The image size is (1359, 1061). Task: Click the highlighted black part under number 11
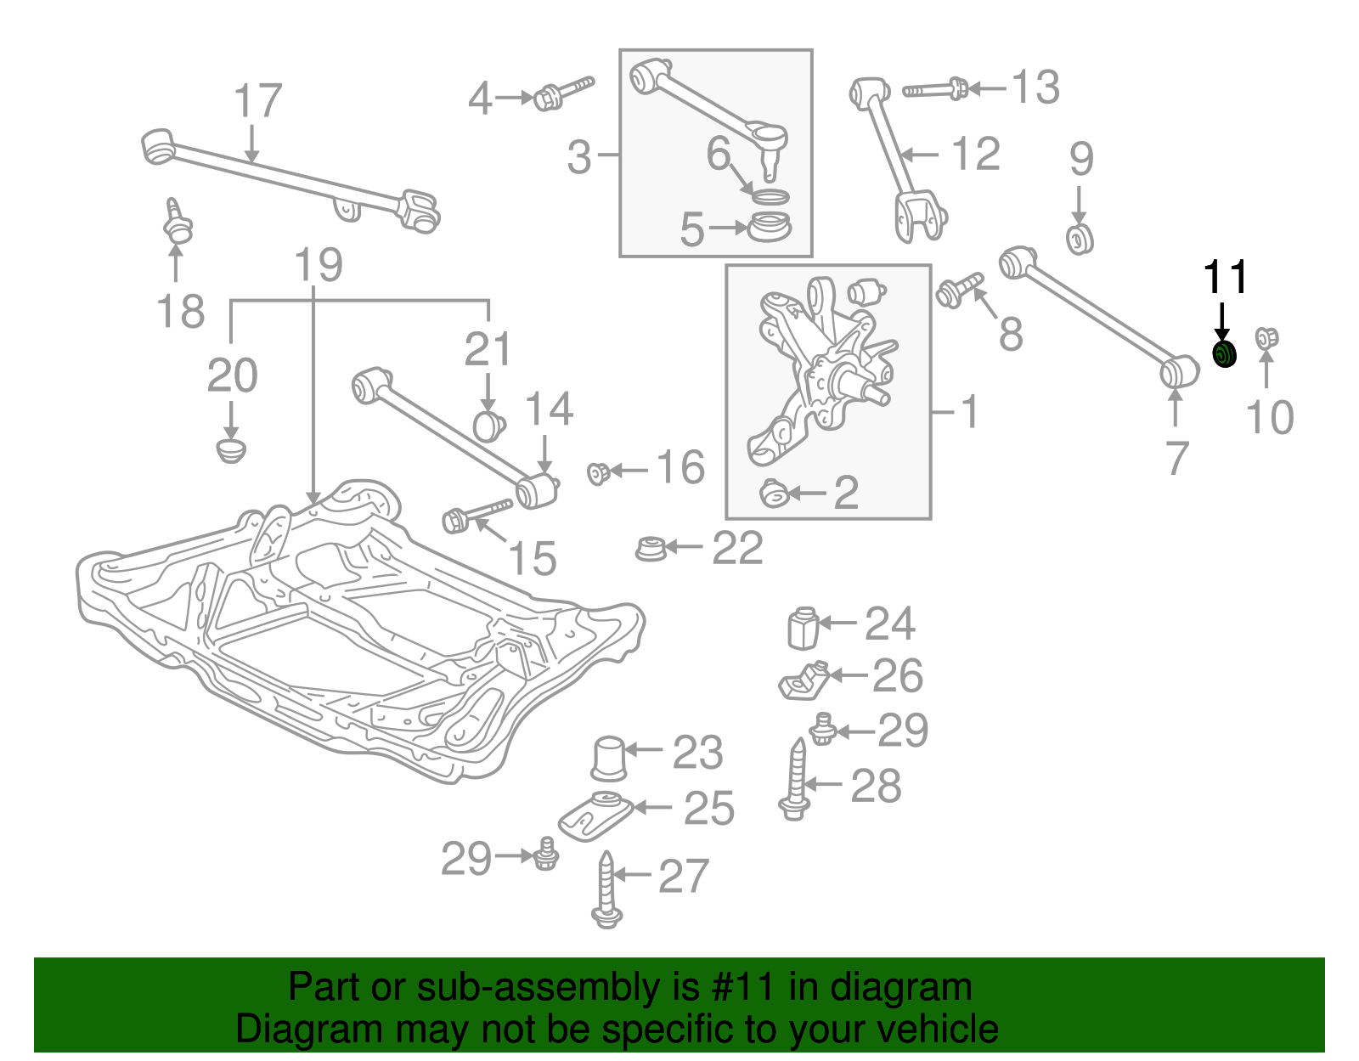[1223, 354]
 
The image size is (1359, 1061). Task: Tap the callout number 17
[257, 101]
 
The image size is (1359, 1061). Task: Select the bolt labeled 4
[562, 93]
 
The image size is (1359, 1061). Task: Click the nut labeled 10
[1266, 339]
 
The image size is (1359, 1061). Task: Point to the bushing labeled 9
[1080, 239]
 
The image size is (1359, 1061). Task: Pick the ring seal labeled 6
[770, 197]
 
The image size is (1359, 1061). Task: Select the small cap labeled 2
[774, 493]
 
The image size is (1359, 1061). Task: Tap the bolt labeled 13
[935, 88]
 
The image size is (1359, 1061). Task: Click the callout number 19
[319, 265]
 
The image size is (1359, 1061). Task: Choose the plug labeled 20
[230, 449]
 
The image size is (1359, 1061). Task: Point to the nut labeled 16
[598, 472]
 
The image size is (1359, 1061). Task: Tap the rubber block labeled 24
[802, 628]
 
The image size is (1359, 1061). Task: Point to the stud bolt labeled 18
[177, 223]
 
